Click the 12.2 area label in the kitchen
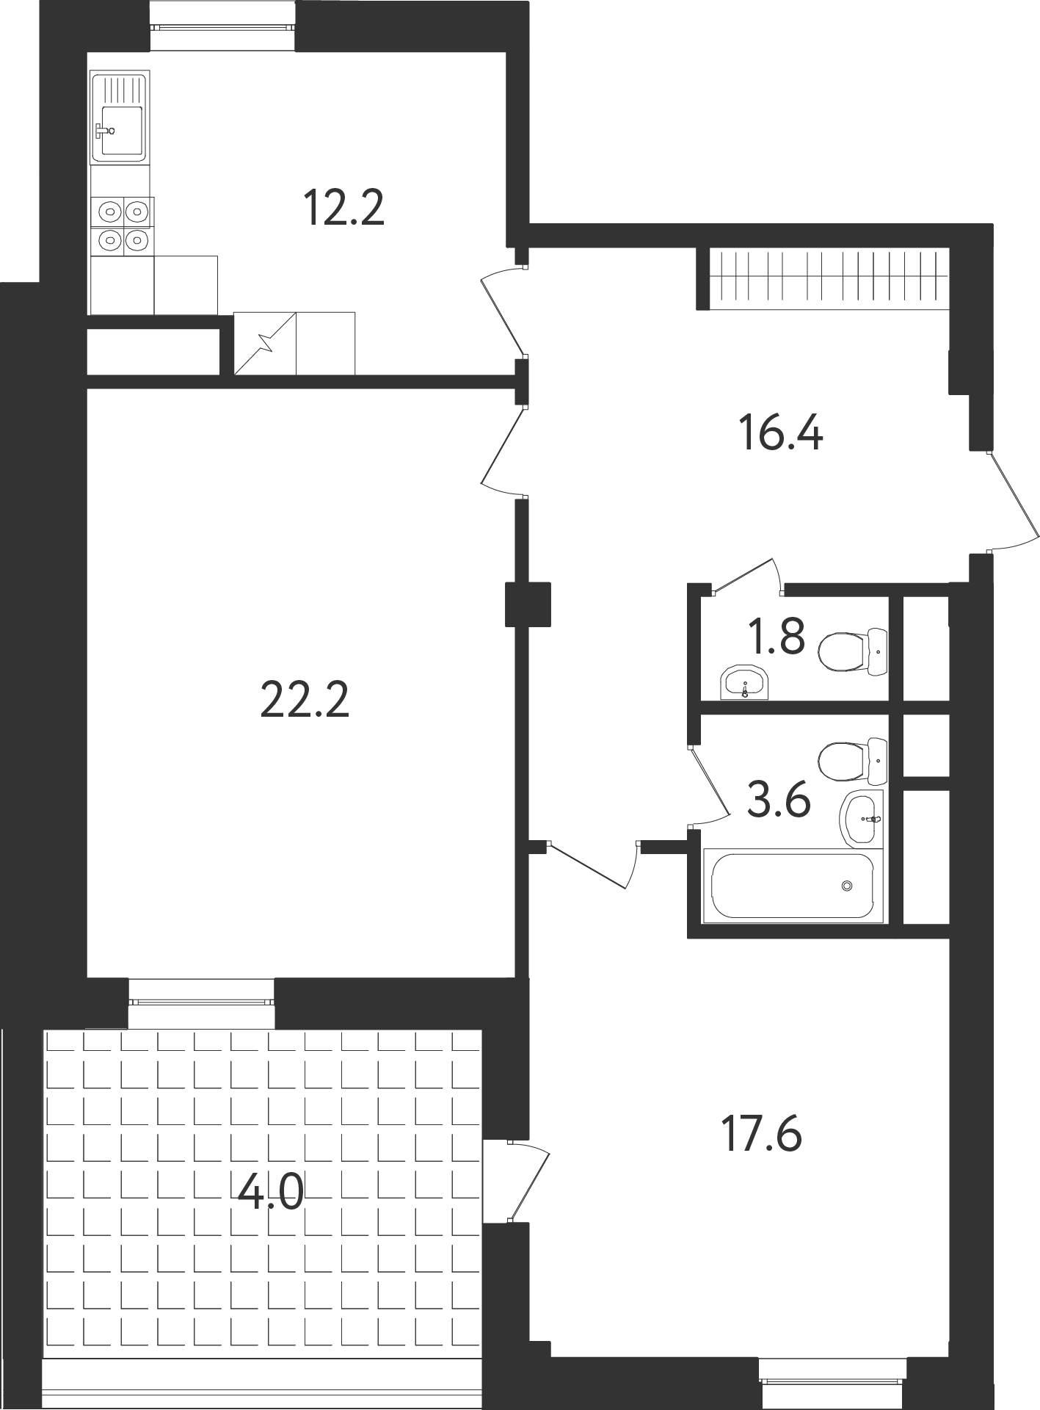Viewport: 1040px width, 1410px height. (343, 208)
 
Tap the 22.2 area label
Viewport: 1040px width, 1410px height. (305, 700)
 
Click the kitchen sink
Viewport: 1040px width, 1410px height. (120, 116)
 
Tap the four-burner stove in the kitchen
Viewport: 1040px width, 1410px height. (123, 225)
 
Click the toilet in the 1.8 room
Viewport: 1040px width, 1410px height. (852, 651)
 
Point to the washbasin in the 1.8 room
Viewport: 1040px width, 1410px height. (744, 683)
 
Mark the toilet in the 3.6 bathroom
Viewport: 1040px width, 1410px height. (852, 762)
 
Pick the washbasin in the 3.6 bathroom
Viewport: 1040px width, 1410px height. (861, 819)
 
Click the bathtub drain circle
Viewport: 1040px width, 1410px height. (848, 886)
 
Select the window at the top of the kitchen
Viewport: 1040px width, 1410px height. (224, 27)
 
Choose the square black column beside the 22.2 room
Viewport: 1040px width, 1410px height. (528, 604)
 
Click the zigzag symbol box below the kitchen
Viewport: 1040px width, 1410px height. (265, 343)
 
